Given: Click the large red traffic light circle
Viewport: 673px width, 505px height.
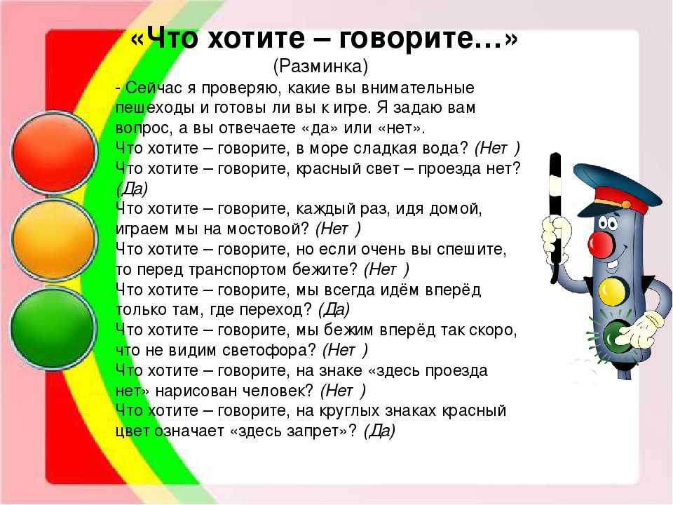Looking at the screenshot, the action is pos(54,152).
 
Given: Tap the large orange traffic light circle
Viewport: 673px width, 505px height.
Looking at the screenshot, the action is pos(54,240).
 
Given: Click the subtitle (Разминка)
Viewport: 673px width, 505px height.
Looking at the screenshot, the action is pos(320,66).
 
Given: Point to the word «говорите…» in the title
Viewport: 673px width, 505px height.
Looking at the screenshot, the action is pos(428,39).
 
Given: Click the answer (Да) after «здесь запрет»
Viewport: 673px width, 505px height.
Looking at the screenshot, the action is pos(379,431).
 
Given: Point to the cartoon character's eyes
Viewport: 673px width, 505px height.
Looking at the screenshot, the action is pos(609,222).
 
